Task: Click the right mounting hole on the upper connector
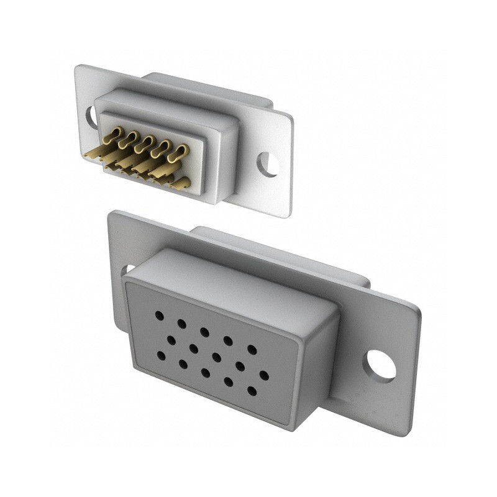tap(268, 164)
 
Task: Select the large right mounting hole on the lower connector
tap(380, 365)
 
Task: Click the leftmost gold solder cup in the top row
tap(114, 134)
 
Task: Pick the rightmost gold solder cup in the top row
tap(179, 151)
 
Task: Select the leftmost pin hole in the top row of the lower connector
tap(159, 316)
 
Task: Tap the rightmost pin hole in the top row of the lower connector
tap(252, 350)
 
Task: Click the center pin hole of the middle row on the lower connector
tap(217, 357)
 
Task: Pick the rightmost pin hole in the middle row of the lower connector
tap(263, 375)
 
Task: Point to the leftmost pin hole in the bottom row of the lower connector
tap(161, 355)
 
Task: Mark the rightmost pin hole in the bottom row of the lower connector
tap(252, 391)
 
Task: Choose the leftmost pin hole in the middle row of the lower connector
tap(171, 340)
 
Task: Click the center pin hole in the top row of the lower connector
tap(204, 332)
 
